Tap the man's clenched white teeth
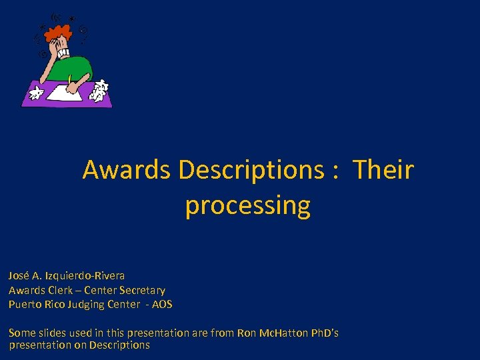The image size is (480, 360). coord(65,50)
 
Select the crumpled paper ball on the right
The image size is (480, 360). coord(100,90)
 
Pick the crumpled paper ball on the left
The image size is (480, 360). coord(36,91)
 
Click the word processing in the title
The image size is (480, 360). coord(247,205)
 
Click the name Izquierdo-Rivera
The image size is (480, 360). coord(86,275)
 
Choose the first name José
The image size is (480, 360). coord(19,275)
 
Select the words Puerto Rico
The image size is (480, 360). coord(34,305)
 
